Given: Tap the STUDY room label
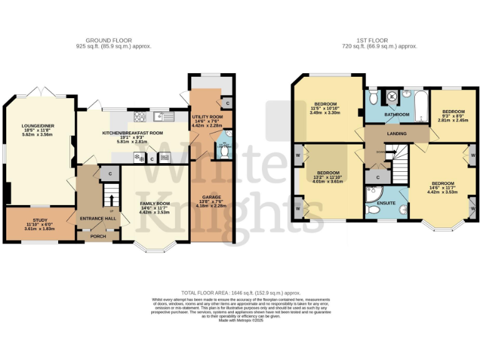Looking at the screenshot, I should pyautogui.click(x=40, y=220).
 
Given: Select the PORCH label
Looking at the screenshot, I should pyautogui.click(x=98, y=236).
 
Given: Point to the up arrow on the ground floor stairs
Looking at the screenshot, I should pyautogui.click(x=112, y=200).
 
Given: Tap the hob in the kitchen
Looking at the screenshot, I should pyautogui.click(x=139, y=117).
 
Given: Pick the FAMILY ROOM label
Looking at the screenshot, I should pyautogui.click(x=154, y=204).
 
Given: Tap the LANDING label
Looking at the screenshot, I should pyautogui.click(x=396, y=134).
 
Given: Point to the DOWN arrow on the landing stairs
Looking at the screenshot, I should pyautogui.click(x=381, y=152).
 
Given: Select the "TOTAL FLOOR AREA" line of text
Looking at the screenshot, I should pyautogui.click(x=241, y=292).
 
